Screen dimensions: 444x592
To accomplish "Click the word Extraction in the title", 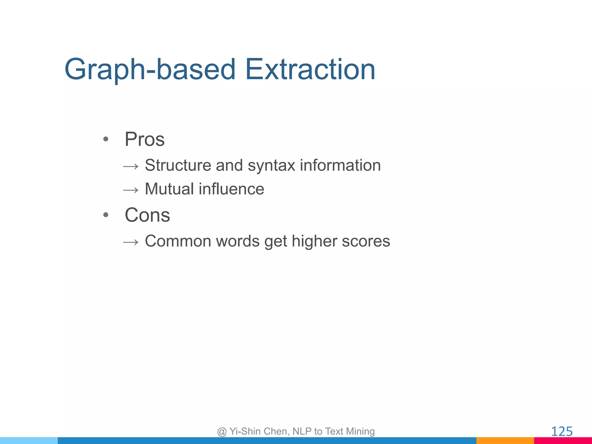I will (310, 69).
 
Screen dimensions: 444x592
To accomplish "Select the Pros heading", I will (145, 139).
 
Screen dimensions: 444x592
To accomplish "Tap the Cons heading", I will (147, 215).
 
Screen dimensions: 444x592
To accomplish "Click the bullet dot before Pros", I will (106, 139).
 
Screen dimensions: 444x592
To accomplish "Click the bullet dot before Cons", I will (106, 215).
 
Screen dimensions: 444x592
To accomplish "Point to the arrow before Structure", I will (131, 166).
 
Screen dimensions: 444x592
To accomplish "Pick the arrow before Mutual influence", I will (131, 190).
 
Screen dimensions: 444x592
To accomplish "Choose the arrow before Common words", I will (131, 242).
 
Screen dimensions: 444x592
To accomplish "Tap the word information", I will (340, 165).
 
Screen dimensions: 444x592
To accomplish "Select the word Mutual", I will (169, 189).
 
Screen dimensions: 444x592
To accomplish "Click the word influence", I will (231, 189).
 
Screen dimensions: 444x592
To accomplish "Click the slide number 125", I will (562, 432).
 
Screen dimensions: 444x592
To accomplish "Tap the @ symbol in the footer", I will (222, 432).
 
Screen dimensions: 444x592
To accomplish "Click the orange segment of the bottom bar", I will (505, 441).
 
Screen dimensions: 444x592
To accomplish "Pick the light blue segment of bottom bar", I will (29, 441).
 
